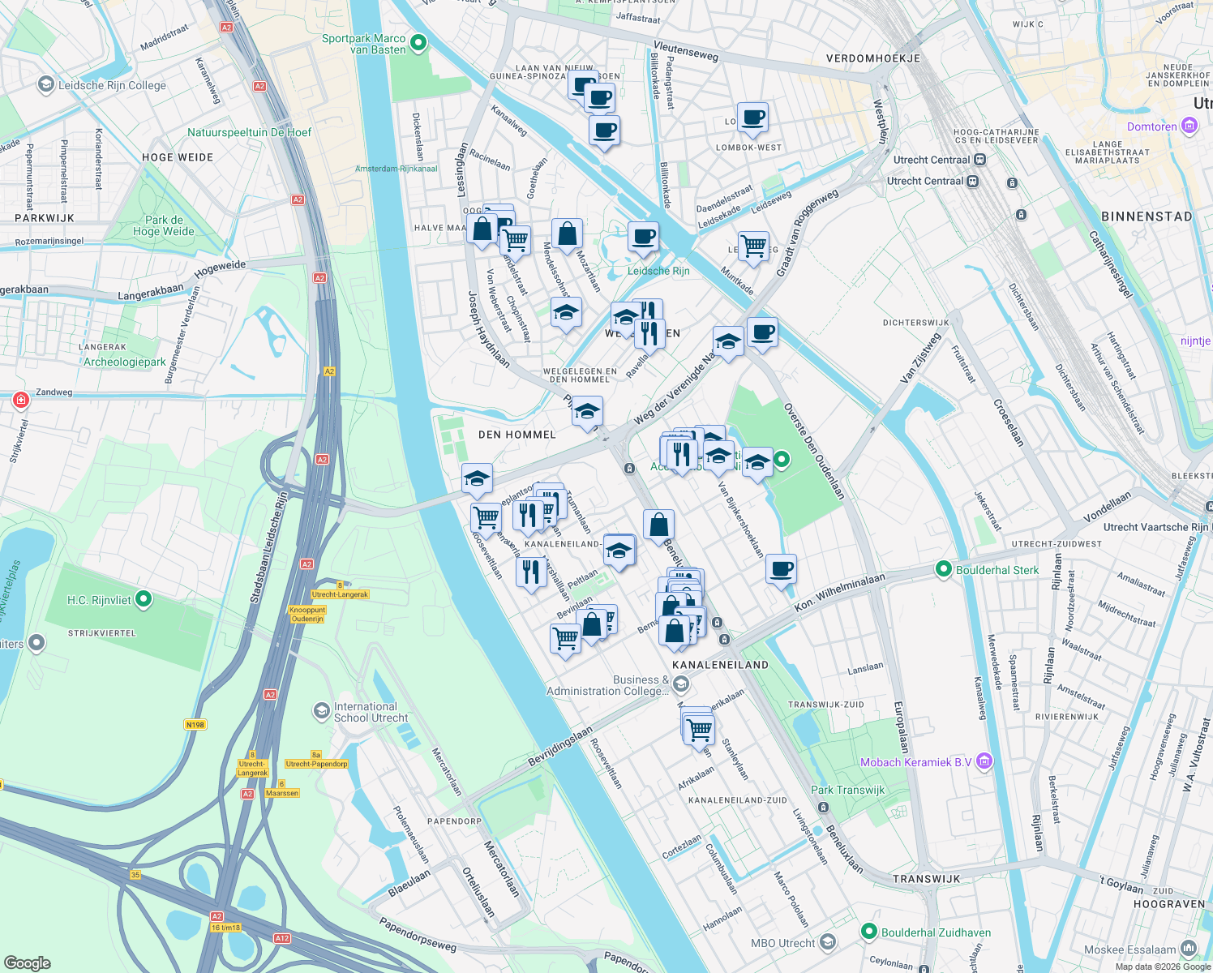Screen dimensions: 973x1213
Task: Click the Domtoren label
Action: [x=1151, y=126]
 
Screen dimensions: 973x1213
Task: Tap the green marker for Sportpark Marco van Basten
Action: [x=418, y=43]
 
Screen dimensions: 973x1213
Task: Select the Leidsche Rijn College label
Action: [x=112, y=85]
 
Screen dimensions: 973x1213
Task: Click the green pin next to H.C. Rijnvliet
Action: [x=144, y=600]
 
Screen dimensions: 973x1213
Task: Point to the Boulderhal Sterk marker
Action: [x=943, y=570]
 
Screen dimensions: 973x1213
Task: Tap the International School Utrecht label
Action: [x=371, y=712]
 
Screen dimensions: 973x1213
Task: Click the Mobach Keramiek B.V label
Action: [x=915, y=762]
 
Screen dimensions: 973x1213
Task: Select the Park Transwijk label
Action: [x=847, y=790]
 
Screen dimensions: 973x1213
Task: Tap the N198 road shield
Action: [x=195, y=725]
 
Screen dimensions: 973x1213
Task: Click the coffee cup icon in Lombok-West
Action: [x=752, y=117]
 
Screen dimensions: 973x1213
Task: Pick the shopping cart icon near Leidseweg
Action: [x=754, y=246]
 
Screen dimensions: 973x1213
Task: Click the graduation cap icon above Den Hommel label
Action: [x=587, y=411]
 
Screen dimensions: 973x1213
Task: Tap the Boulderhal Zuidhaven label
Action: [x=936, y=932]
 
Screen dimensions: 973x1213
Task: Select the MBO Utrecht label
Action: [x=782, y=943]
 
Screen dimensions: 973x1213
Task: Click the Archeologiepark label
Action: [x=125, y=362]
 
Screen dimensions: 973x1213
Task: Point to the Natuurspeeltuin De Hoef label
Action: [x=249, y=132]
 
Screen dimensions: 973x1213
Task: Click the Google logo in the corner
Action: [x=27, y=962]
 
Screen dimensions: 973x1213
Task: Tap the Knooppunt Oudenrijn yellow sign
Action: [x=307, y=614]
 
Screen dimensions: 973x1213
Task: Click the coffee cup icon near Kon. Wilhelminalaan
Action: [x=781, y=569]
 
